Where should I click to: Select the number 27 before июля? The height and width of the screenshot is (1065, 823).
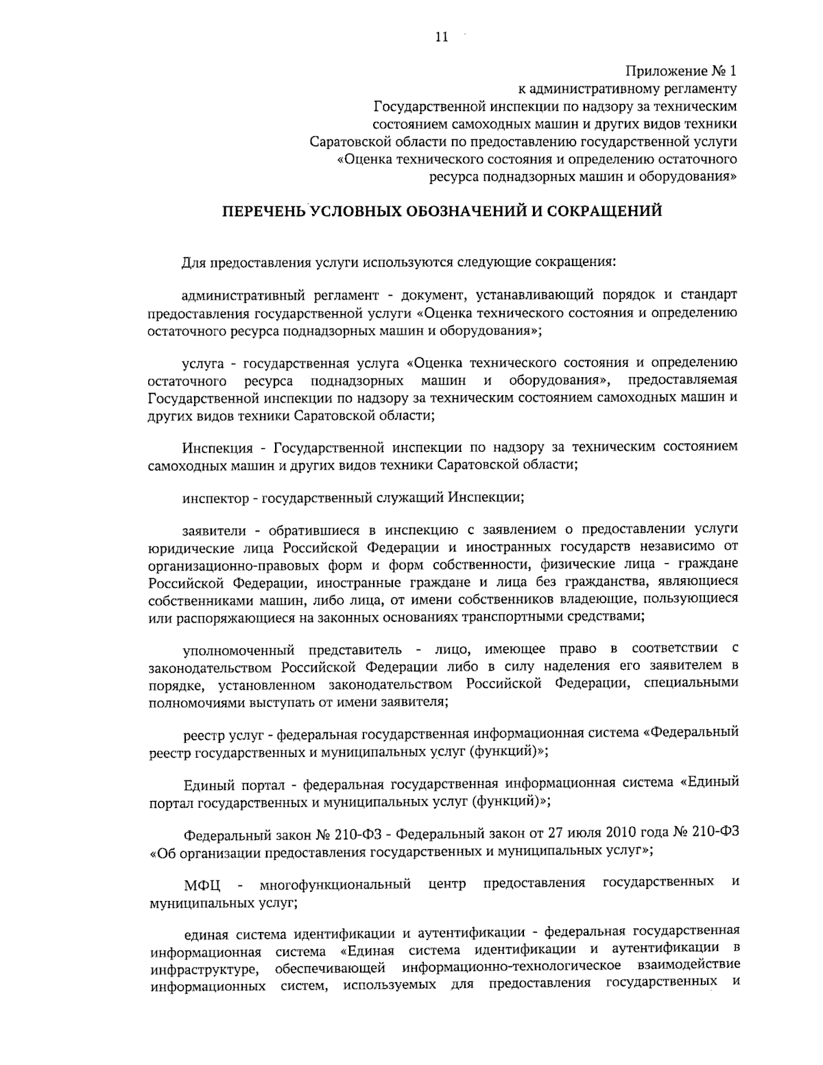pos(556,833)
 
